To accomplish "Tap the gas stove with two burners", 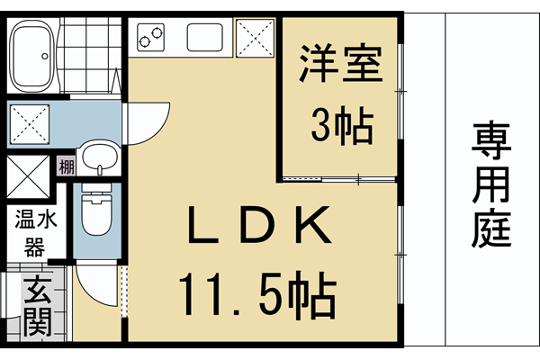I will coord(151,37).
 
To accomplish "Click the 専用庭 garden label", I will coord(491,185).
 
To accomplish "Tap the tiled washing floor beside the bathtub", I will coord(91,54).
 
